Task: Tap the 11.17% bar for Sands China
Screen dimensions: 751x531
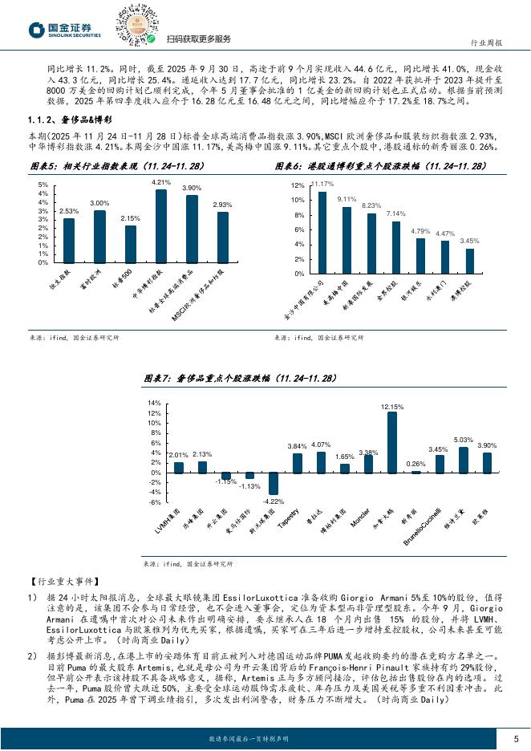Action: [322, 232]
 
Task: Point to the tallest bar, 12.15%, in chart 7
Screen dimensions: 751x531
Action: [392, 442]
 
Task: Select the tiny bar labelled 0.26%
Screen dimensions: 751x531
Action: [416, 472]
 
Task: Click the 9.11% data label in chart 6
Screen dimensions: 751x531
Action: [347, 199]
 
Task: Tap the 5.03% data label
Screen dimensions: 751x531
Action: [464, 440]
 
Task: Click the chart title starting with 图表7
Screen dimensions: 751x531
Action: [240, 378]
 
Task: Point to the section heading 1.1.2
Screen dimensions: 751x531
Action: [67, 120]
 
